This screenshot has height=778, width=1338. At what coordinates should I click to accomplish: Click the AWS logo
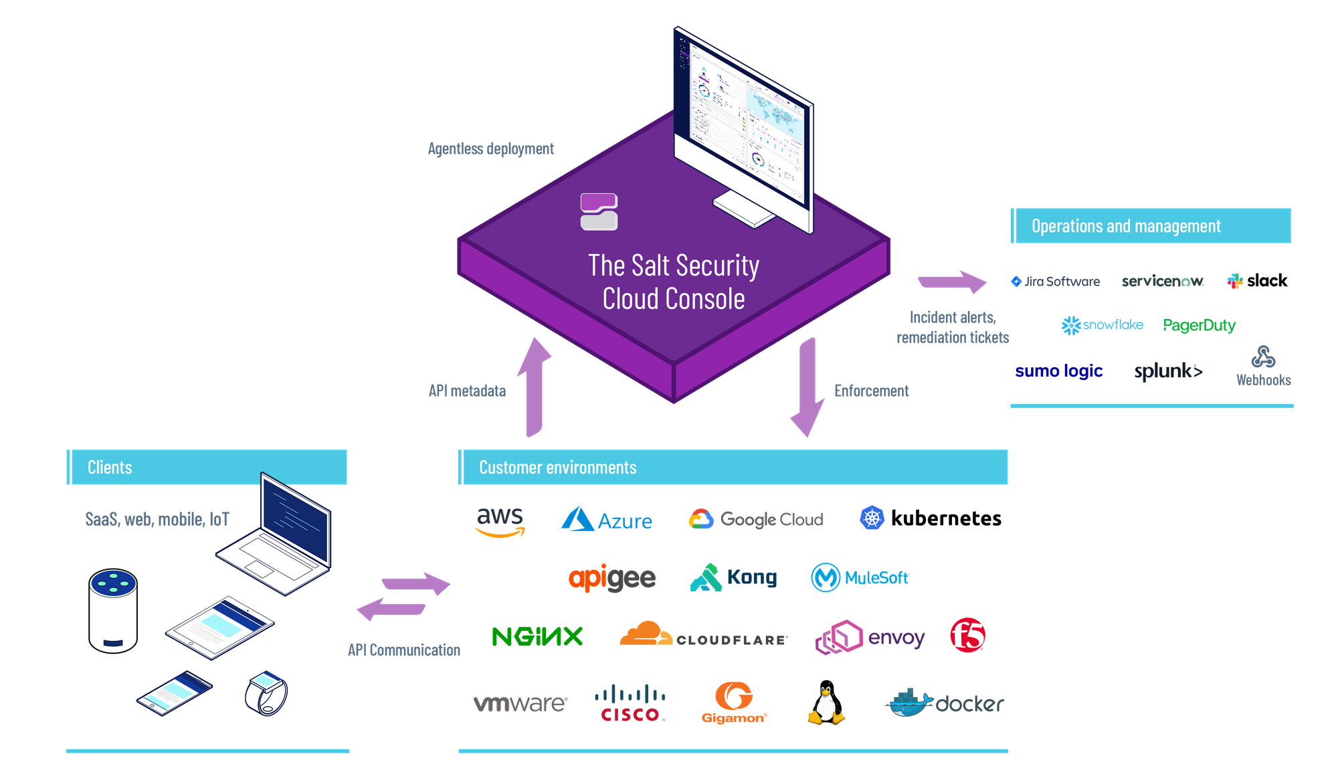500,522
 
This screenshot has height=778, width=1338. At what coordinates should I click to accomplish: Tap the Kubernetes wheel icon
872,518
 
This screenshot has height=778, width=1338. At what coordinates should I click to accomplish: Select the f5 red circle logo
967,636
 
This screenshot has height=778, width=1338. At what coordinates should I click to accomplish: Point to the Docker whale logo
911,703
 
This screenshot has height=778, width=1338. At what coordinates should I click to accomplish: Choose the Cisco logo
630,704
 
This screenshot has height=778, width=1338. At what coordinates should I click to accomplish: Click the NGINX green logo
537,636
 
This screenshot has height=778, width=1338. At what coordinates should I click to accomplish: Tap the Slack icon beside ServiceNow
1235,281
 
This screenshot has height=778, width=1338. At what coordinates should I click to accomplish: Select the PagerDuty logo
1199,325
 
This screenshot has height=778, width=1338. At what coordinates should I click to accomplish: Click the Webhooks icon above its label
1263,357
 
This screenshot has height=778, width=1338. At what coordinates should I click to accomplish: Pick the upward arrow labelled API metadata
535,388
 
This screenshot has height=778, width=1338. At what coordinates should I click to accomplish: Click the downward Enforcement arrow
807,388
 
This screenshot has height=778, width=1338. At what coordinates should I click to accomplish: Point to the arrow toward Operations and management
952,282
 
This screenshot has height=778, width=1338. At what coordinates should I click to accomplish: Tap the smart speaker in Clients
113,610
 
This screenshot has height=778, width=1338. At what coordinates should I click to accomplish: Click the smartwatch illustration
266,693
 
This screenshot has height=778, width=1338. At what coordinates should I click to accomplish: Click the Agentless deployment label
490,149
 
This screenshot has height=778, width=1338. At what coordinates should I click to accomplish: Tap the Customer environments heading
557,468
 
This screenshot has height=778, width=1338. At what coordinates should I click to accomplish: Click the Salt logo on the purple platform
599,212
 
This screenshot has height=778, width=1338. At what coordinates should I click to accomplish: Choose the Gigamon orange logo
734,703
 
